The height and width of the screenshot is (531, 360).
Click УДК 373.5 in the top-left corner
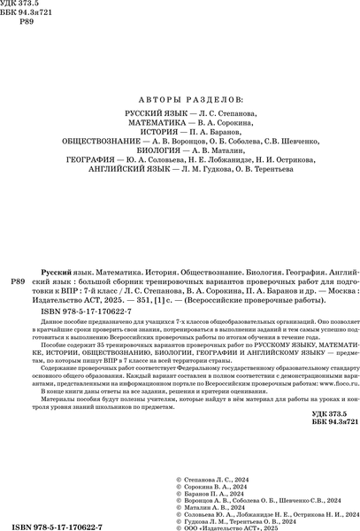coord(25,7)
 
